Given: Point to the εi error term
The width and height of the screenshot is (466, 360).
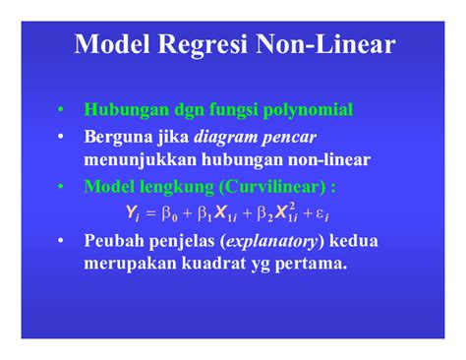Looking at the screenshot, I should [x=337, y=211].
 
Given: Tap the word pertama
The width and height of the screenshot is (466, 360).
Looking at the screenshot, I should [x=314, y=263].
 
